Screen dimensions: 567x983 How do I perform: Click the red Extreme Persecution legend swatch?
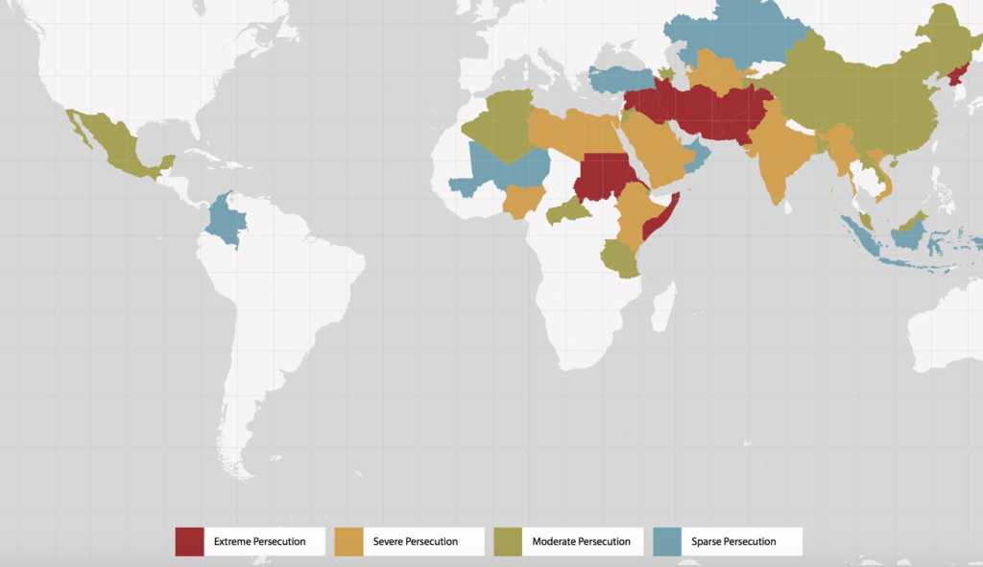[189, 541]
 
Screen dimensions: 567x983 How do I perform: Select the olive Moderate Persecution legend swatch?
[508, 541]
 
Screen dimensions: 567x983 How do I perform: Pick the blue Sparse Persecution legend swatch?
[667, 541]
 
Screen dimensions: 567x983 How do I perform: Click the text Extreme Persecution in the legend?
[259, 542]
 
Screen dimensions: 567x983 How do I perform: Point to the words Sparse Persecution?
[733, 542]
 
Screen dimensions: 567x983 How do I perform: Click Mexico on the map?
[113, 149]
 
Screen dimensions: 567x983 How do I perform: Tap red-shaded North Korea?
[957, 75]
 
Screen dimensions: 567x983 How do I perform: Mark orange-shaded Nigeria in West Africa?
[521, 200]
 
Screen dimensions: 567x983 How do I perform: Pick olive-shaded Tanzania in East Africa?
[621, 258]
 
